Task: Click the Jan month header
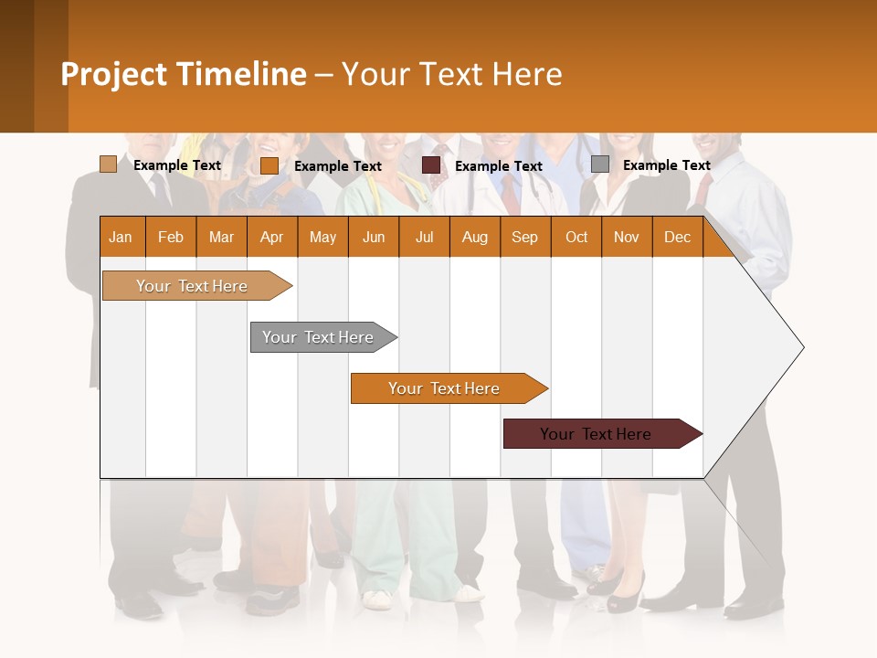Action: pos(122,237)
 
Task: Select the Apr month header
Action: pos(272,237)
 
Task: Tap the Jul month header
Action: pos(424,237)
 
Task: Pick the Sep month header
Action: pos(524,237)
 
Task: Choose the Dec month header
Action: pos(677,237)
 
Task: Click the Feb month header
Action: pos(171,237)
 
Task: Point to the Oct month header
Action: pos(576,237)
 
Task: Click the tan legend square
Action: pos(108,164)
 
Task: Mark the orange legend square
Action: pos(269,165)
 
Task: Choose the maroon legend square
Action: pos(430,165)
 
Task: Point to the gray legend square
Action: pos(599,164)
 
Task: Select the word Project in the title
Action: pos(114,74)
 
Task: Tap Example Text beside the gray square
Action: pos(666,165)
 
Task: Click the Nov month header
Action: pos(627,237)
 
